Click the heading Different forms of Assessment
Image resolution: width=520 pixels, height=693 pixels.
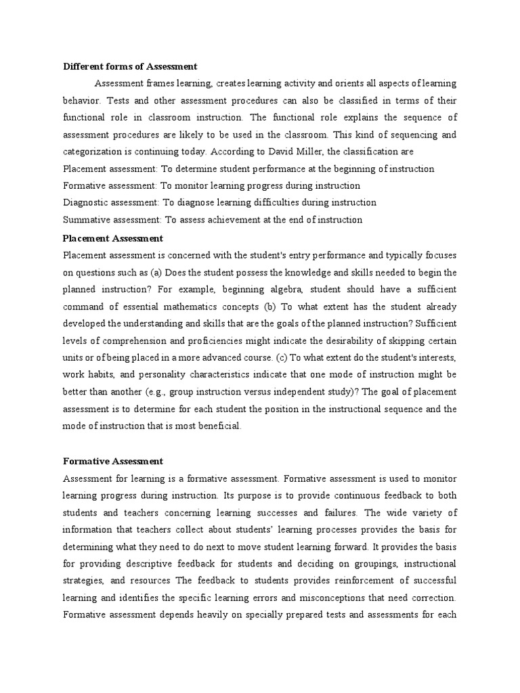pyautogui.click(x=130, y=66)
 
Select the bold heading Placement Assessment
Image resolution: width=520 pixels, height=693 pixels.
pyautogui.click(x=112, y=238)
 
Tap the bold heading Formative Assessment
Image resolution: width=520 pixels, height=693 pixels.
pyautogui.click(x=112, y=461)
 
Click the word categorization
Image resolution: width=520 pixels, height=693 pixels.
pyautogui.click(x=93, y=151)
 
